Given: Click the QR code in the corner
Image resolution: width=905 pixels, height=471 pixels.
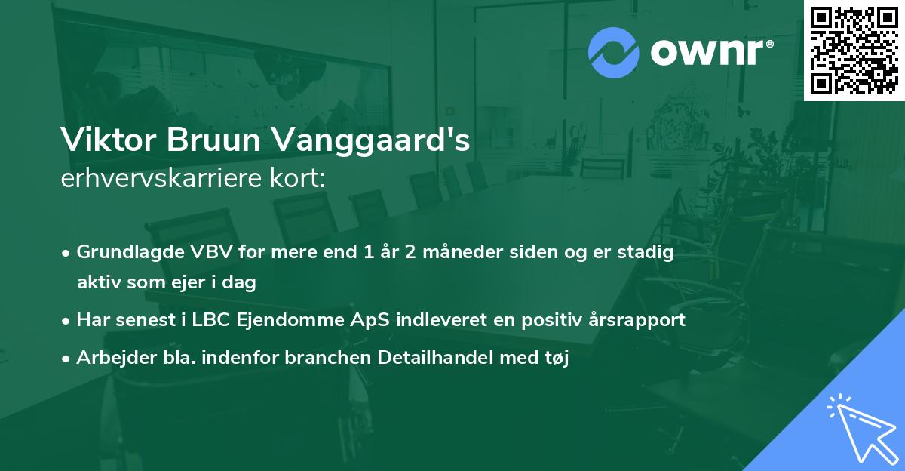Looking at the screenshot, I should pos(854,50).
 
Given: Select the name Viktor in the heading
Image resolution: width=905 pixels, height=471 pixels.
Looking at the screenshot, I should pos(104,141).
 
